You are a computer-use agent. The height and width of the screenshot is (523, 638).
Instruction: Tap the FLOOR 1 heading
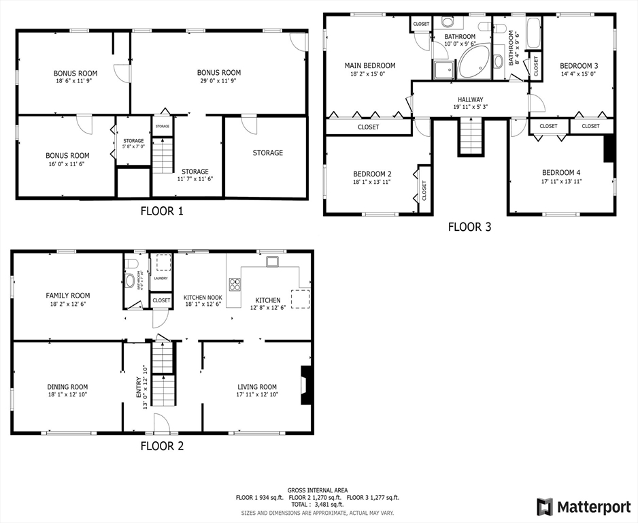[162, 211]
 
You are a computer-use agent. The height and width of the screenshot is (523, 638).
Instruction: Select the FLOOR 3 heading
[469, 227]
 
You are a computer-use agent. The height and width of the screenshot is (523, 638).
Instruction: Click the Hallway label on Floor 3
[470, 99]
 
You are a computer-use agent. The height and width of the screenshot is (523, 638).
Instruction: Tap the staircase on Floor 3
[471, 136]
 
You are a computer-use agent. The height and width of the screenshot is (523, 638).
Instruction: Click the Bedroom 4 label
[561, 172]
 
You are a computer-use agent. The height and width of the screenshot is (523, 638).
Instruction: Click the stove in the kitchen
[235, 285]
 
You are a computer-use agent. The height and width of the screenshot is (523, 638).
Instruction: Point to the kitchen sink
[272, 261]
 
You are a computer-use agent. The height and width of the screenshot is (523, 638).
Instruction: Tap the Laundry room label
[161, 278]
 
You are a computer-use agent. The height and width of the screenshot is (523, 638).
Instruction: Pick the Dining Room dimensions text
[67, 394]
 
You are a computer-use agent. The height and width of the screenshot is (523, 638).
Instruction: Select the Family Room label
[67, 296]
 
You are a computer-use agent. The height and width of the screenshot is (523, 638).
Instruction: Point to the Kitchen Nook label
[203, 298]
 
